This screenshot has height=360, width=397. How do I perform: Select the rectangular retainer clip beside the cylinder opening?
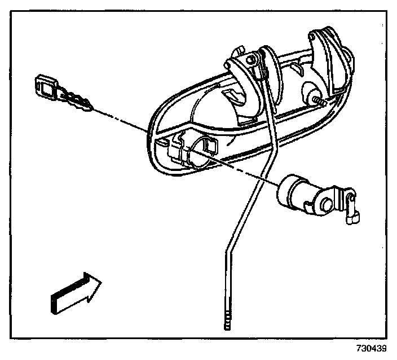211,146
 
